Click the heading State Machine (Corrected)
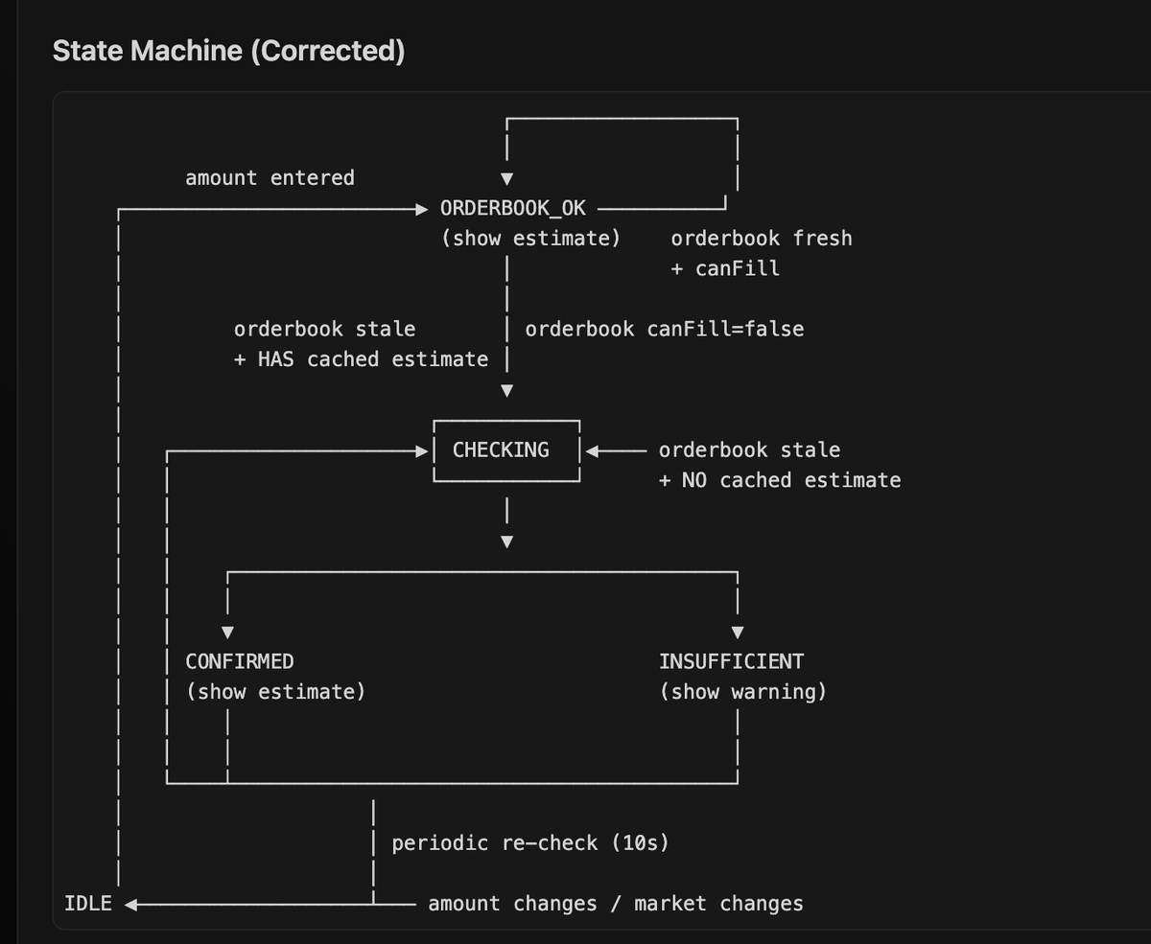(228, 51)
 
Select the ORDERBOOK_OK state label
(512, 208)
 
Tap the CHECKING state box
(505, 449)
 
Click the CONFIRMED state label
(239, 661)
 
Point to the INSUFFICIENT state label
(731, 661)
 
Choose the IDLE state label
(87, 904)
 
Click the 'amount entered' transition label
(270, 177)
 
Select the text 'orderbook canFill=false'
(664, 329)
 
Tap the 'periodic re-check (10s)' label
(529, 843)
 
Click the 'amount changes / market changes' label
(615, 904)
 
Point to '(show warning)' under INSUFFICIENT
(742, 692)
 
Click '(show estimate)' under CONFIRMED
(275, 692)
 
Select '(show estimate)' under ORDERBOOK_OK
(530, 238)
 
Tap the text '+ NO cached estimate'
(779, 480)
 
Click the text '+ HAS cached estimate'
(361, 359)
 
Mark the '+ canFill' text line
(724, 268)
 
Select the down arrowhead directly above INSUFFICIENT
(737, 633)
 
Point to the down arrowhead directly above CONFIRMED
(227, 633)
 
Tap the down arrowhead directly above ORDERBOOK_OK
(506, 178)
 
